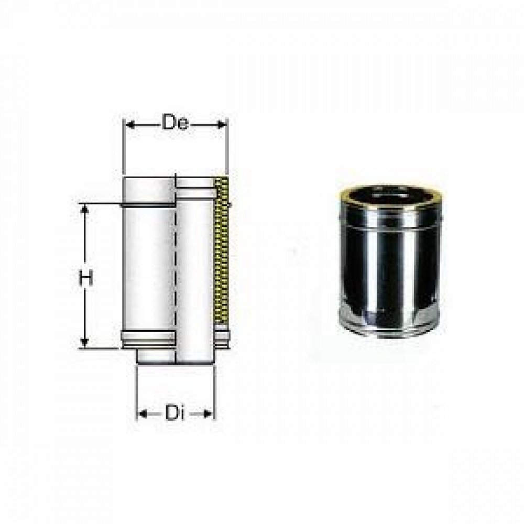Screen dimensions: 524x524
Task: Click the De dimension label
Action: [x=175, y=124]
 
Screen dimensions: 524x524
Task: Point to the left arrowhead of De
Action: [x=128, y=124]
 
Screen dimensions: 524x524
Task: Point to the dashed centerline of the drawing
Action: [x=176, y=262]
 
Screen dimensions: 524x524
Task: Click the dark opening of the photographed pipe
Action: [x=390, y=195]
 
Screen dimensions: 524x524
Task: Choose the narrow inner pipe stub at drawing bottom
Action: [x=155, y=356]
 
